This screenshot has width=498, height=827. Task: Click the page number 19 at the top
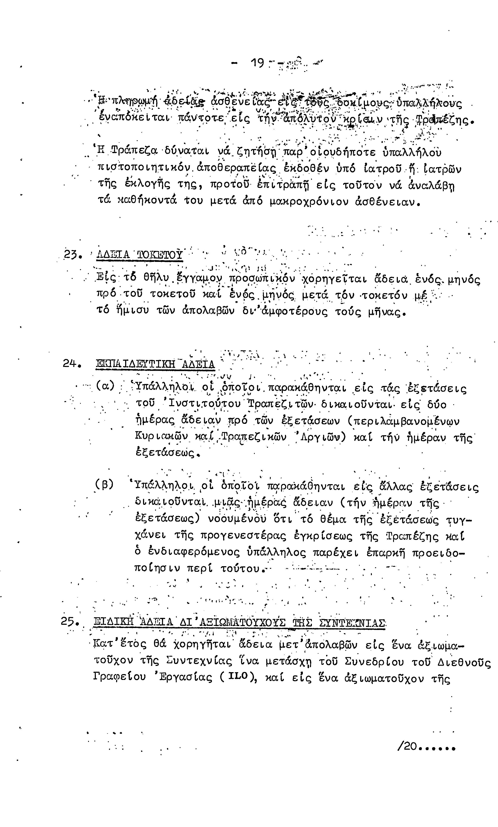pos(258,63)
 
